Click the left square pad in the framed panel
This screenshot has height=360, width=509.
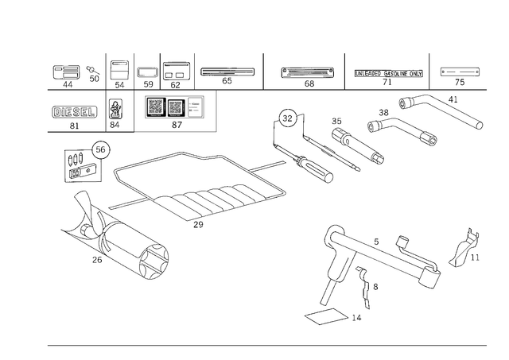pos(156,107)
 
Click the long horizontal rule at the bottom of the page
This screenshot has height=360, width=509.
pos(266,343)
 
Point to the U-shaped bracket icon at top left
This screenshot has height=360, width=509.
pos(66,73)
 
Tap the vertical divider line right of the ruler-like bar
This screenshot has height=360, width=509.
pos(427,69)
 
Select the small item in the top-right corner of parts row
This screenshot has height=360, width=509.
pos(475,74)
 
